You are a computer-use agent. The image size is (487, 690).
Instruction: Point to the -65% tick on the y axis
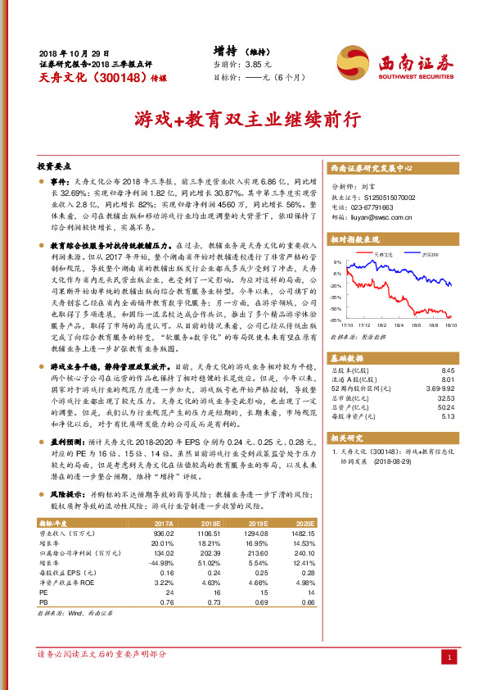337,320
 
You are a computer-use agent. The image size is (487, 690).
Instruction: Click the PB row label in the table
43,602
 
